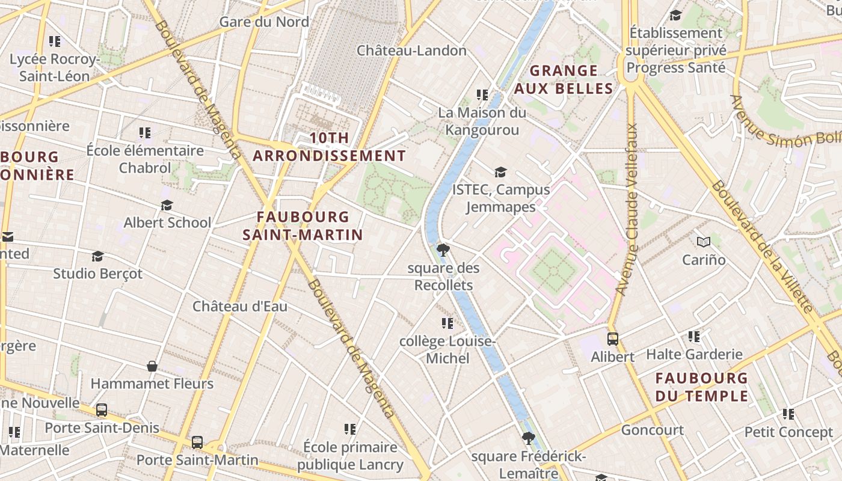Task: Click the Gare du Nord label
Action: (264, 22)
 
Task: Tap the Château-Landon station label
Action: (411, 51)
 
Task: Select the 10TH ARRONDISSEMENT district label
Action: (329, 147)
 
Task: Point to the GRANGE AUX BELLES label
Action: (564, 79)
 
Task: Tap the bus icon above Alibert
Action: (612, 339)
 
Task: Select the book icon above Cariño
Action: (703, 242)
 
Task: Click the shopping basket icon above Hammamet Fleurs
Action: (152, 366)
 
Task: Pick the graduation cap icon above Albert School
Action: (167, 206)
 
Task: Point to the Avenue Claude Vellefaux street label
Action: (625, 209)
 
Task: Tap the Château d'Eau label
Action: (239, 307)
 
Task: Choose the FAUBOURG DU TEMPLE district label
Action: (701, 387)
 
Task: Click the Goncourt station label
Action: (652, 430)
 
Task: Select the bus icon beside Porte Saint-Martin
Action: (197, 443)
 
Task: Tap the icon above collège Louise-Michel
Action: (447, 323)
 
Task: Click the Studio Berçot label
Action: (97, 274)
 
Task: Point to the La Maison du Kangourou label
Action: (481, 121)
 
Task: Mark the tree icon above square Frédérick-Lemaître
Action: (528, 438)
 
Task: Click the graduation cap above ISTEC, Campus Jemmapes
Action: (500, 173)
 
